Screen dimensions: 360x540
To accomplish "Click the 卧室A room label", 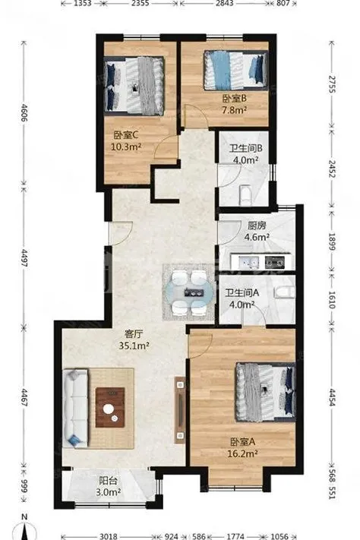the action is coord(242,441).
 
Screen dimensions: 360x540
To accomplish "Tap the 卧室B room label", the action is coord(234,99).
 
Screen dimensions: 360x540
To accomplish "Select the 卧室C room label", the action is coord(126,134).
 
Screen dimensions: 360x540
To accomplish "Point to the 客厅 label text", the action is coord(134,333).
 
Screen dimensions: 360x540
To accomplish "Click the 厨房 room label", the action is coord(257,226).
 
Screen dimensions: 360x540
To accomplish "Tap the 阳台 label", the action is coord(108,481).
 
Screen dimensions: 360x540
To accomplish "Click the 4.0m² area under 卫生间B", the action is coord(246,159).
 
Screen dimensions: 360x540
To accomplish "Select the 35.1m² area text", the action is coord(134,345).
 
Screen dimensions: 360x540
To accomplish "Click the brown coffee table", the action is coord(110,407).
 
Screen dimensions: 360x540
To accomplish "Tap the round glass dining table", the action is coord(190,293).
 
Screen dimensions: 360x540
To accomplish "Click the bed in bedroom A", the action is coord(266,392).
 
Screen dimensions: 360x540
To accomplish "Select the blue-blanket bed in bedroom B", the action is coord(236,71).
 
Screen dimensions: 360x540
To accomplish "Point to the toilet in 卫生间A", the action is coord(285,292).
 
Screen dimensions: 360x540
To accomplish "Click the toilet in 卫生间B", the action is coord(245,196).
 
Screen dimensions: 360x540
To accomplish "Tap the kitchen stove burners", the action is coord(275,263).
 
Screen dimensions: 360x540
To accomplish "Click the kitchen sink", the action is coord(249,263).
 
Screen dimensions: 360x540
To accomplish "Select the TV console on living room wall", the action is coord(180,410).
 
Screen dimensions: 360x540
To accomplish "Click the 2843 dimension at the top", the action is coord(224,3).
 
